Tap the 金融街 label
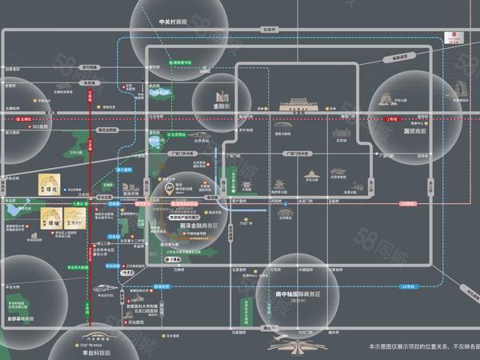221,105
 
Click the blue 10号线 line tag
410,286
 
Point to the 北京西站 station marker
178,134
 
